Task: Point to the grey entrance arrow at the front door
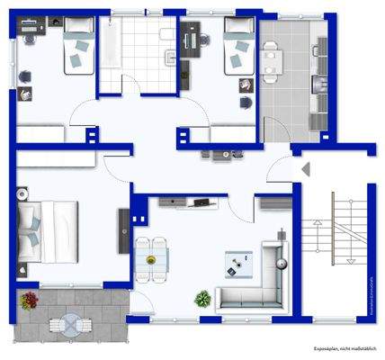point(307,167)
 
